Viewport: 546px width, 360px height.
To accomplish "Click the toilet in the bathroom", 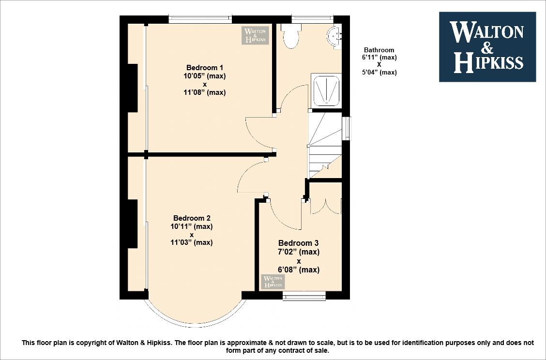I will click(x=291, y=37).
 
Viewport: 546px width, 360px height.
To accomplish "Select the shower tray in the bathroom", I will click(x=327, y=90).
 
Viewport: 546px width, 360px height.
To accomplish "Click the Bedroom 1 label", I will click(x=205, y=67).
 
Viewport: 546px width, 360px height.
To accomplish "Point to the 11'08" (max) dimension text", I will click(x=205, y=92).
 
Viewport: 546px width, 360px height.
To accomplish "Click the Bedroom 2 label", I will click(x=192, y=218).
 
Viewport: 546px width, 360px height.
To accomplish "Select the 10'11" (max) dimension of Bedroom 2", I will click(x=192, y=226).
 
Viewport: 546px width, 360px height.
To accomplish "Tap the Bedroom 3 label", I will click(x=298, y=243).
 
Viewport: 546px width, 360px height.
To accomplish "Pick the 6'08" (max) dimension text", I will click(x=299, y=270).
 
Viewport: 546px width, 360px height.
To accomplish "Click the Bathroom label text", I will click(x=379, y=50).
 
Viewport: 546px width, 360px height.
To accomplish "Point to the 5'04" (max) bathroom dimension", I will click(x=379, y=73).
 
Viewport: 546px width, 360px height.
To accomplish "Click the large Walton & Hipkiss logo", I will click(x=487, y=46).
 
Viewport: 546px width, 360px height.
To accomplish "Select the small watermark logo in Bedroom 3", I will click(x=273, y=282).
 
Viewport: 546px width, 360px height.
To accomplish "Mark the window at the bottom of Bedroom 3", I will click(x=304, y=296).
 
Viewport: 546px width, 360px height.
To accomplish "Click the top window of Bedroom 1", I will click(x=199, y=19).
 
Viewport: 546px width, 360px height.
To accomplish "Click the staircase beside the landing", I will click(x=324, y=145).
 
